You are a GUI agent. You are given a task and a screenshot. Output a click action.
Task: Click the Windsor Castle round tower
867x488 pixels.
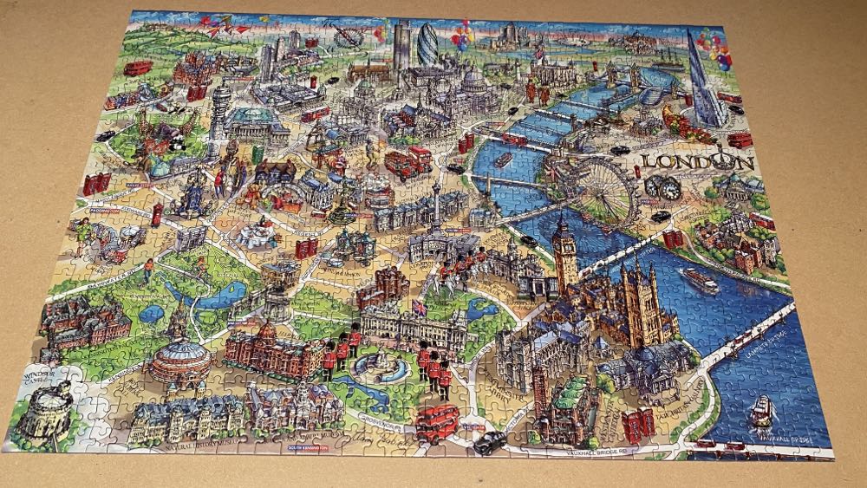coord(45,416)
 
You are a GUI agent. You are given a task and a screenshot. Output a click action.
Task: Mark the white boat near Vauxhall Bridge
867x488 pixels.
coord(761,410)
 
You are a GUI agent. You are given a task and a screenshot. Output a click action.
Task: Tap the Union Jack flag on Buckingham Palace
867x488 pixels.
coord(420,307)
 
